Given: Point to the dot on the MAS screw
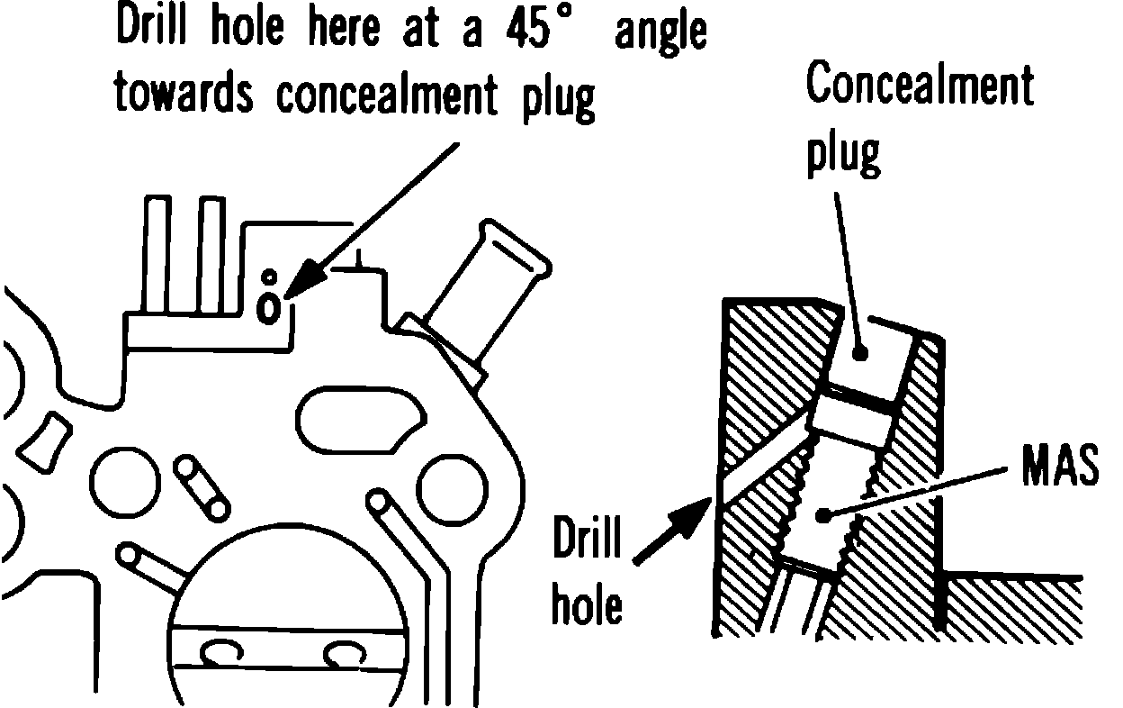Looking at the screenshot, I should point(823,515).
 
